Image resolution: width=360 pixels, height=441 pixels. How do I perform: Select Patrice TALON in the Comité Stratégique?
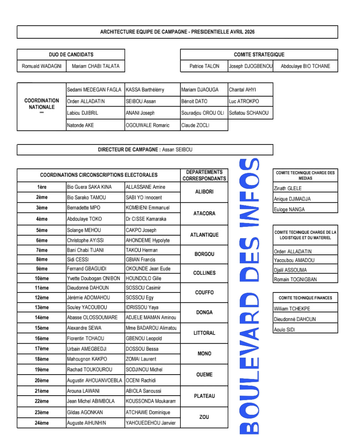click(204, 66)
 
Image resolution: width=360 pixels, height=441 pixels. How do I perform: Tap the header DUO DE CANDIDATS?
click(71, 55)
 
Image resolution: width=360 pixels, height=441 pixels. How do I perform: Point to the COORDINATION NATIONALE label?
click(42, 104)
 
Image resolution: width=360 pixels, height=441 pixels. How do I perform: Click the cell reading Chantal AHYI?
click(242, 90)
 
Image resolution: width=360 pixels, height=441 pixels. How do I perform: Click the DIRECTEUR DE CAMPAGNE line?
click(145, 150)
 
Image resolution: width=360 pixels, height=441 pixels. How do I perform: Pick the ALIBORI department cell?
click(204, 192)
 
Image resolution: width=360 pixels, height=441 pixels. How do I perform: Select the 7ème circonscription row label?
click(42, 250)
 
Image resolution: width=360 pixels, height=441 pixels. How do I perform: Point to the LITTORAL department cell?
click(204, 333)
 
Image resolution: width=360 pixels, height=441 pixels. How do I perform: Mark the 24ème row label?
click(42, 423)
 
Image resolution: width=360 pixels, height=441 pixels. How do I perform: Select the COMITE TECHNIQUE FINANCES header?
click(305, 298)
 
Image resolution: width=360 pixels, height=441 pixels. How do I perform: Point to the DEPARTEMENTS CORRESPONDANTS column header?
click(204, 176)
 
